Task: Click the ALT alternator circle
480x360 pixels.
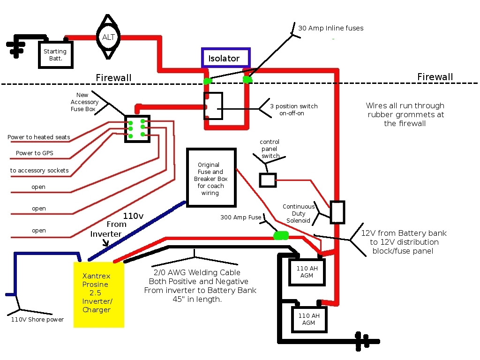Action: pos(109,37)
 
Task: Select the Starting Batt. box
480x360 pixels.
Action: pos(55,55)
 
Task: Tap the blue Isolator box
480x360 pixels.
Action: pos(226,58)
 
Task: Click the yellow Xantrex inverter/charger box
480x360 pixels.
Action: pos(99,294)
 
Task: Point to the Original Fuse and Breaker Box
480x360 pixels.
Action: pos(210,178)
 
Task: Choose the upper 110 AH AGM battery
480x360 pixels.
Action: pos(307,272)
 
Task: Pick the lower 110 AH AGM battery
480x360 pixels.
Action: pos(309,319)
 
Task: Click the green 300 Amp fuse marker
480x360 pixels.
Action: pos(281,235)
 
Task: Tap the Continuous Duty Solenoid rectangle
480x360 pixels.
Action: pos(337,212)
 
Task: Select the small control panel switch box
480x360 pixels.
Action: pos(268,180)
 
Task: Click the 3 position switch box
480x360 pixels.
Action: pos(213,106)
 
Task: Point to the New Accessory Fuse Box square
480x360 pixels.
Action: pos(137,128)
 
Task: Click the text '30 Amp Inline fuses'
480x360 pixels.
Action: pos(330,28)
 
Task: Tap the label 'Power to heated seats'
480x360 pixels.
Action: pos(39,137)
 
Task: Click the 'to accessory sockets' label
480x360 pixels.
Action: pos(39,170)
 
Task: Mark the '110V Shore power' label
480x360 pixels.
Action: pos(37,320)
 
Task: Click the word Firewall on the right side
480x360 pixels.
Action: pos(435,77)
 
